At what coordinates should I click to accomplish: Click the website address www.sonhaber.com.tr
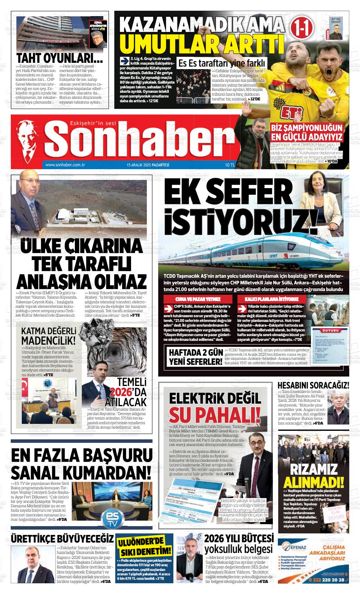coord(65,165)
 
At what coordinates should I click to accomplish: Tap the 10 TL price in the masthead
coord(230,165)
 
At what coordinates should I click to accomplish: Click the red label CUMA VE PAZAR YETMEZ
coord(198,299)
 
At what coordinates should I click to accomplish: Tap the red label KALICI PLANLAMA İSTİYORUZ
coord(271,299)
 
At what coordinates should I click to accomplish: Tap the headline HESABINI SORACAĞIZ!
coord(313,385)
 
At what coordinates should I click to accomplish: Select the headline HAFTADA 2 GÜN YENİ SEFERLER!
coord(195,357)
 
